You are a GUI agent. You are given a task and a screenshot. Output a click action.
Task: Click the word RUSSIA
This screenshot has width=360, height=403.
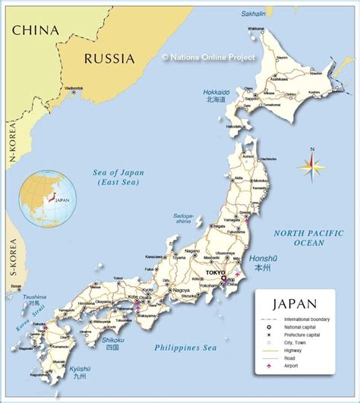coord(109,58)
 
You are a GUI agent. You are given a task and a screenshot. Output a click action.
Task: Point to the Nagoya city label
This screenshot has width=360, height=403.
coord(180,291)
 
